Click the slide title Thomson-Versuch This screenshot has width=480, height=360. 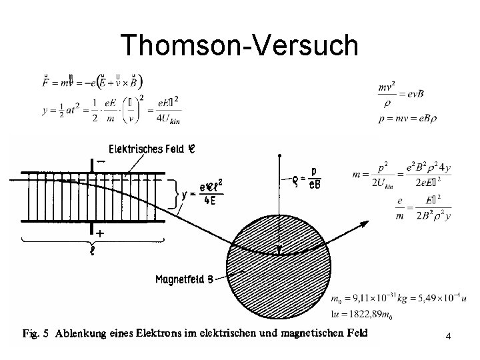(239, 45)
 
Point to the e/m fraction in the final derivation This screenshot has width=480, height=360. (401, 207)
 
